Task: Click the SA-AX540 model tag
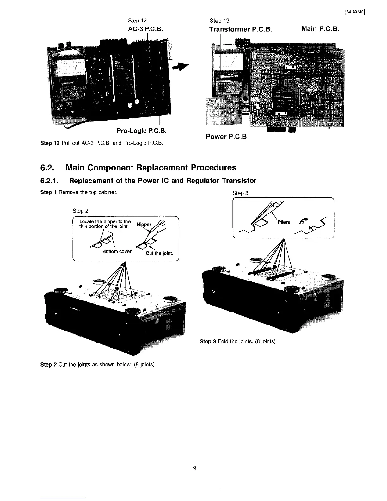[x=355, y=12]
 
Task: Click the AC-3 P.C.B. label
[x=144, y=29]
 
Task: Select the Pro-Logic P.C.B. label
[x=142, y=131]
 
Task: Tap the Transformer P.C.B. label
[x=241, y=29]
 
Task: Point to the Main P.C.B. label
[x=320, y=29]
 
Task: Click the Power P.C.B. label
[x=227, y=137]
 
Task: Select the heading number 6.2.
[x=48, y=167]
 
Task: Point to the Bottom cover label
[x=117, y=251]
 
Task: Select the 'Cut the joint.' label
[x=159, y=253]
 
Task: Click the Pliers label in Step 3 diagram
[x=283, y=222]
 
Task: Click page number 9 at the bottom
[x=195, y=468]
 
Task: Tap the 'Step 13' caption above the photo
[x=219, y=21]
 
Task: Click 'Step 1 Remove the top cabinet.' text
[x=79, y=192]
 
